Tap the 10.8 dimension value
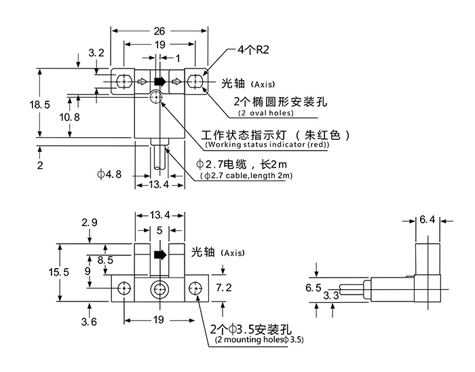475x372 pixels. pos(70,117)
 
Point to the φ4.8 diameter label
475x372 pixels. pos(109,174)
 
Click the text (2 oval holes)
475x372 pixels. pos(266,113)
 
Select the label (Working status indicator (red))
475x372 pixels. pos(267,145)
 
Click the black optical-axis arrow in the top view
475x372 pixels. pos(159,82)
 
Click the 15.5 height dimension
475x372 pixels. pos(60,271)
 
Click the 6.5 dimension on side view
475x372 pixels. pos(313,288)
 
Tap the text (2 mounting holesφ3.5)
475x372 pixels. pos(259,339)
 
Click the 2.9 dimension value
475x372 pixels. pos(90,222)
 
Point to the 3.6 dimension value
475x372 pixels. pos(89,320)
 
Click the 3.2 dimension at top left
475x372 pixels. pos(96,52)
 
